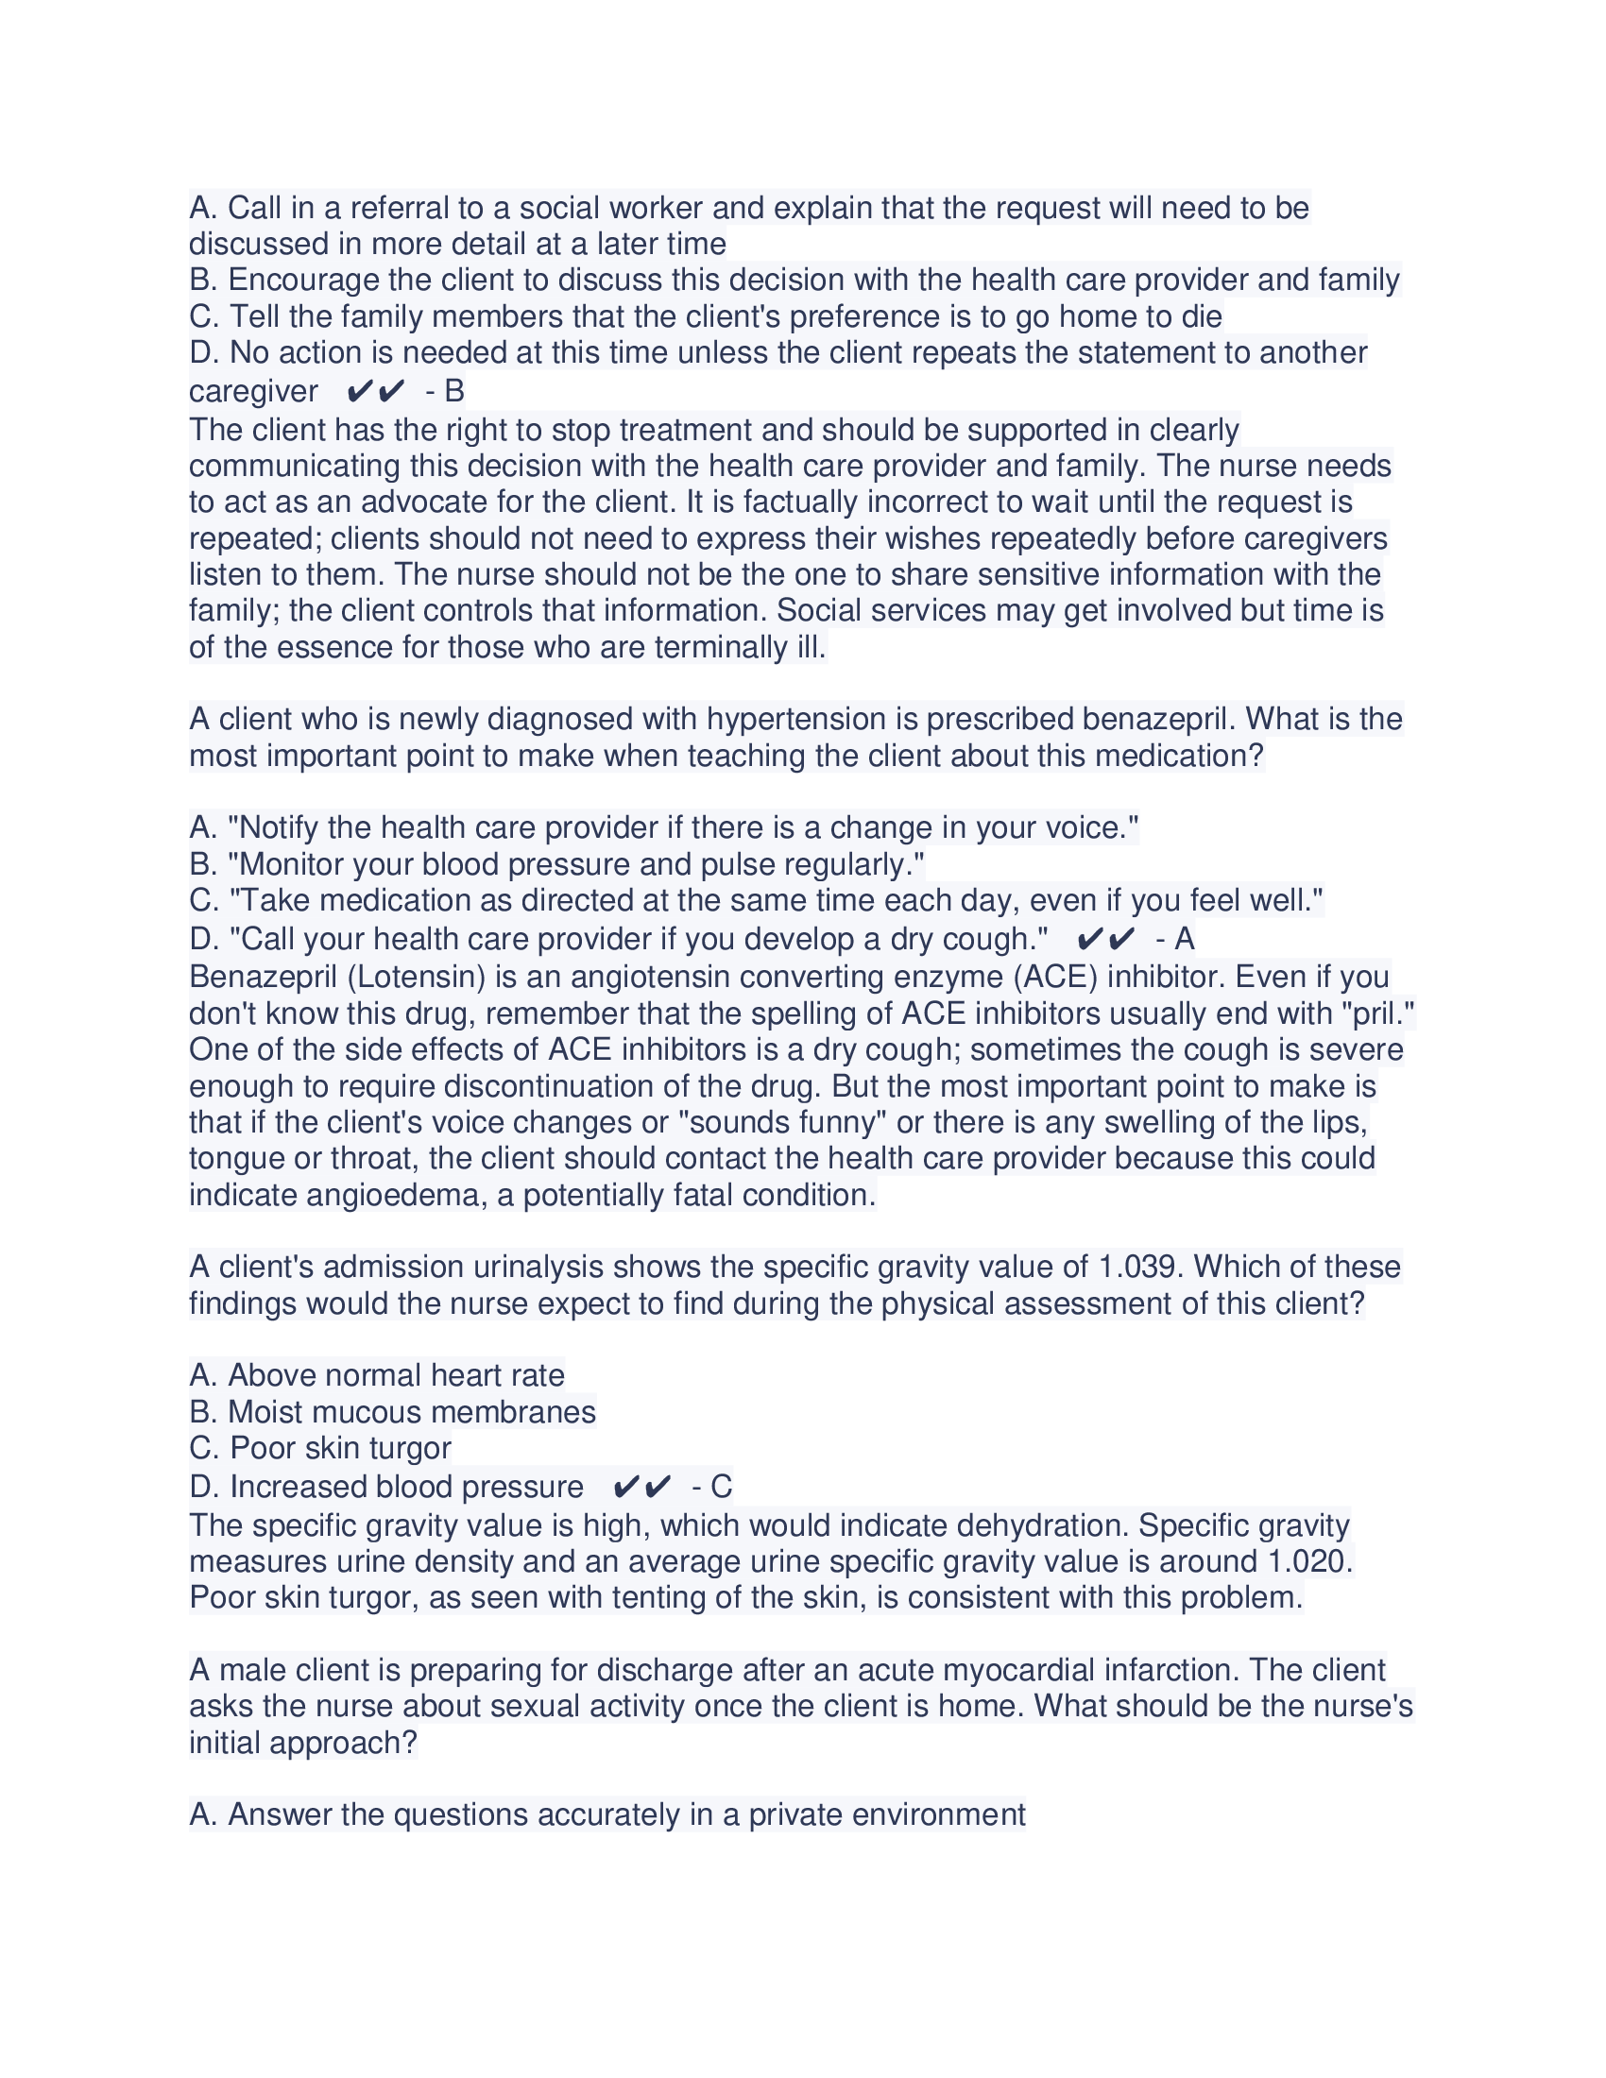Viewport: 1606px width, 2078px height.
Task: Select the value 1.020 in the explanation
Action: pyautogui.click(x=1309, y=1561)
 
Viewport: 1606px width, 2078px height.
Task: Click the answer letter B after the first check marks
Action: pyautogui.click(x=453, y=391)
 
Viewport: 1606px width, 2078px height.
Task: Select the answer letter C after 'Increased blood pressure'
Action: pyautogui.click(x=721, y=1486)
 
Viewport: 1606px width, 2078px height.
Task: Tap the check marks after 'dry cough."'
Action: pyautogui.click(x=1106, y=940)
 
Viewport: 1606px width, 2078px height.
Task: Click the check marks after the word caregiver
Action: pyautogui.click(x=377, y=391)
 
